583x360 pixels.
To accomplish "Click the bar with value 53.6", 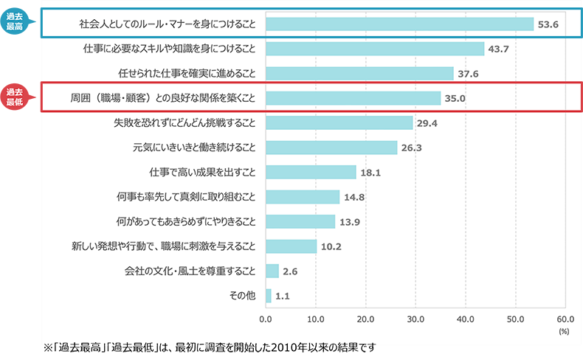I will [399, 24].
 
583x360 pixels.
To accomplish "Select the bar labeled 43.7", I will [374, 49].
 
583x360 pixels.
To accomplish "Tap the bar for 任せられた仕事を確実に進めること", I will [359, 73].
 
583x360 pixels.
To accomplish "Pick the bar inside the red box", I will [353, 98].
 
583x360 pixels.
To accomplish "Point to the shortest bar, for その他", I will [269, 295].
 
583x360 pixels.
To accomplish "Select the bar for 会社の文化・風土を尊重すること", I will [272, 271].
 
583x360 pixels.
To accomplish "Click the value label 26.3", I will [413, 148].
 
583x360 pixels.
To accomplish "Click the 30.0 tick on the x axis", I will [415, 319].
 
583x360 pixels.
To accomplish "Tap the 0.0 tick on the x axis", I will [266, 319].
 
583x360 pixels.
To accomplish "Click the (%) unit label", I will [564, 332].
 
